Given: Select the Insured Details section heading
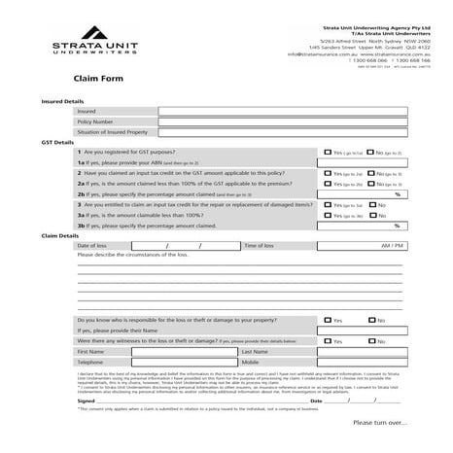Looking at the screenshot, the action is click(62, 101).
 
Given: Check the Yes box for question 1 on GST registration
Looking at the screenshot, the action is click(328, 154).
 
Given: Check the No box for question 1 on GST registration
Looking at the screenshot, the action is click(368, 154).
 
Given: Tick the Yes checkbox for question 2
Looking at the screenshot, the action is click(328, 173).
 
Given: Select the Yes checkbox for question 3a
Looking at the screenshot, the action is click(328, 216).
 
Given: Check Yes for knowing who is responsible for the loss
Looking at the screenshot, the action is click(328, 320).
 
